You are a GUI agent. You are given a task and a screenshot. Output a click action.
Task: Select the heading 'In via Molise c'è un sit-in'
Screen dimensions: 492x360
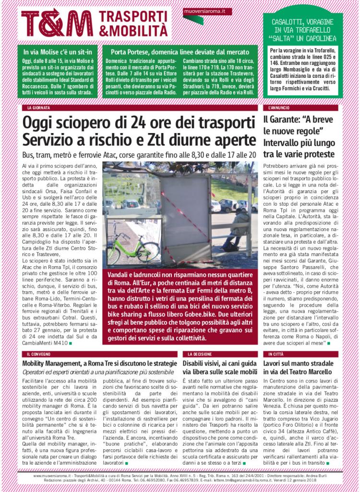tap(58, 51)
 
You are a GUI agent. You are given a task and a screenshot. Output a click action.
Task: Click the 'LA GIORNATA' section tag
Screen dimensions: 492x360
tap(38, 108)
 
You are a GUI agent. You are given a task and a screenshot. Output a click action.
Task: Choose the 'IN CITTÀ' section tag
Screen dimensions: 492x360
tap(274, 354)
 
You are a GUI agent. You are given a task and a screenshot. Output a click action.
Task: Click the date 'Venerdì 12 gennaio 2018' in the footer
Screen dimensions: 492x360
tap(307, 480)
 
